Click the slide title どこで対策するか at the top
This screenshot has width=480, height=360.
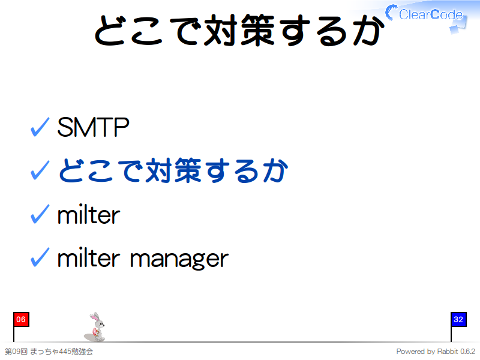239,30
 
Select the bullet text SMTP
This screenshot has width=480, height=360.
93,127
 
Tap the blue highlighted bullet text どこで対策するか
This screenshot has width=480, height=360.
173,170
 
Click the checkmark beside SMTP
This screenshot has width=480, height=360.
40,127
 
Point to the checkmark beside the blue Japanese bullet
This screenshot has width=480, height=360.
40,170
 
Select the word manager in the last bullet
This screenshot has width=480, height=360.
179,260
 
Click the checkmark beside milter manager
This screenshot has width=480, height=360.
40,257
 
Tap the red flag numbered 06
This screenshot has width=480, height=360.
21,320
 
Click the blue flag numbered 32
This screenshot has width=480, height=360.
458,320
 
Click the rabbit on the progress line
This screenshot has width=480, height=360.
96,326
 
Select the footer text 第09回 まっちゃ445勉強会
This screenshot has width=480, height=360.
49,352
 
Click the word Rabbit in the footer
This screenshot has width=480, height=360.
448,351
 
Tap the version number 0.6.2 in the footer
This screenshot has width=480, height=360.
468,351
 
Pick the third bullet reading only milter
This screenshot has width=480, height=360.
89,214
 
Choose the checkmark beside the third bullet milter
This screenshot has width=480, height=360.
40,214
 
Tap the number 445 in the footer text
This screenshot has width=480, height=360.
64,352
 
